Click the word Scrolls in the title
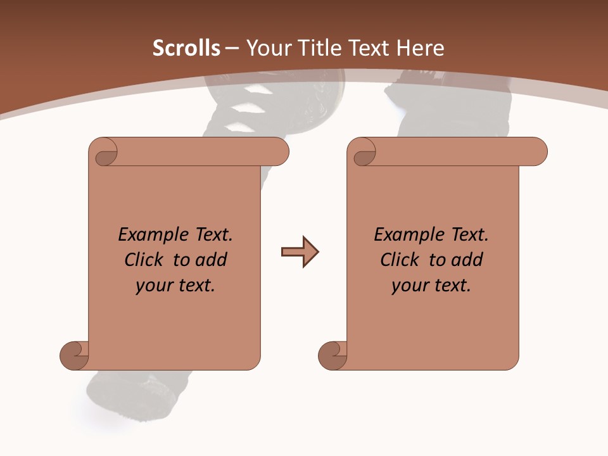click(x=186, y=48)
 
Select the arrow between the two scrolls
click(x=300, y=252)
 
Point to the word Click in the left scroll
click(x=145, y=260)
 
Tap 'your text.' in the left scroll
click(x=175, y=286)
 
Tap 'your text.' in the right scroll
click(x=431, y=286)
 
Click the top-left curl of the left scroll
click(x=106, y=155)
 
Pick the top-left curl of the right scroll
click(x=364, y=155)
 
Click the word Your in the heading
click(x=266, y=48)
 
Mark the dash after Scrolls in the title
click(x=232, y=48)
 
